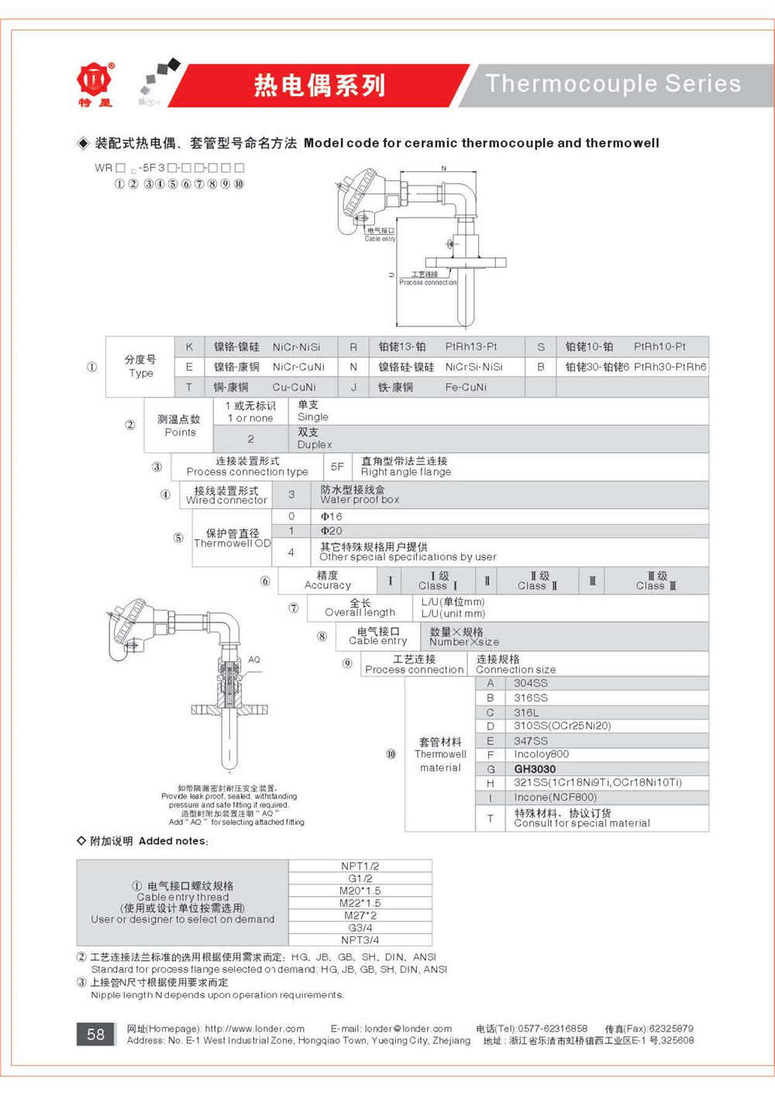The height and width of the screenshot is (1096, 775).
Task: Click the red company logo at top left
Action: pos(95,80)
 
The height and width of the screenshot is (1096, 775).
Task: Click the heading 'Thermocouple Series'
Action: pos(613,84)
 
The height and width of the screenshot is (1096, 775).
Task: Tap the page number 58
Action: pos(95,1034)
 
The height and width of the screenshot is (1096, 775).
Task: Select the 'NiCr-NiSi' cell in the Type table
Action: pos(296,346)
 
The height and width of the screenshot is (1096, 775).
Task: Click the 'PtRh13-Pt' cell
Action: pos(471,346)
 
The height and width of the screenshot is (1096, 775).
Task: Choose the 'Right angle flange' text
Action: pos(405,472)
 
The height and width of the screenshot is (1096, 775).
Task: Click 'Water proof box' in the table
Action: pos(360,500)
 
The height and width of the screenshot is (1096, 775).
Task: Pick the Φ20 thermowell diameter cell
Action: pos(331,531)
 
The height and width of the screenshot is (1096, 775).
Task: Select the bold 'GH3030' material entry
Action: pos(535,769)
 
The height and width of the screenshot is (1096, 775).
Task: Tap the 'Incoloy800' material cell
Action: pos(541,754)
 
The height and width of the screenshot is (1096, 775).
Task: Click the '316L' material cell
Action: pos(526,712)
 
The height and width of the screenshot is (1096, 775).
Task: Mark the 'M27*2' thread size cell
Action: pos(360,915)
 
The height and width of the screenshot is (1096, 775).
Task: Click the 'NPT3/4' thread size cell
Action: pos(360,940)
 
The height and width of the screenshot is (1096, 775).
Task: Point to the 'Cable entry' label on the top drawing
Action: pos(380,239)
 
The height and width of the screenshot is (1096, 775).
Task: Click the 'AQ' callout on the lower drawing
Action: pos(253,660)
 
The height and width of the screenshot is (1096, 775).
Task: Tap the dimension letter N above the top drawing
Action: pos(444,168)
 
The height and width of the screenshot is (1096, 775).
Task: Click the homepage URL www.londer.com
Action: pos(254,1029)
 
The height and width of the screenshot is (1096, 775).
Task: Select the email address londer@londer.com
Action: pos(408,1029)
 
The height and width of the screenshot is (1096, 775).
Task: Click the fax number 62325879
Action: pos(671,1029)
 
